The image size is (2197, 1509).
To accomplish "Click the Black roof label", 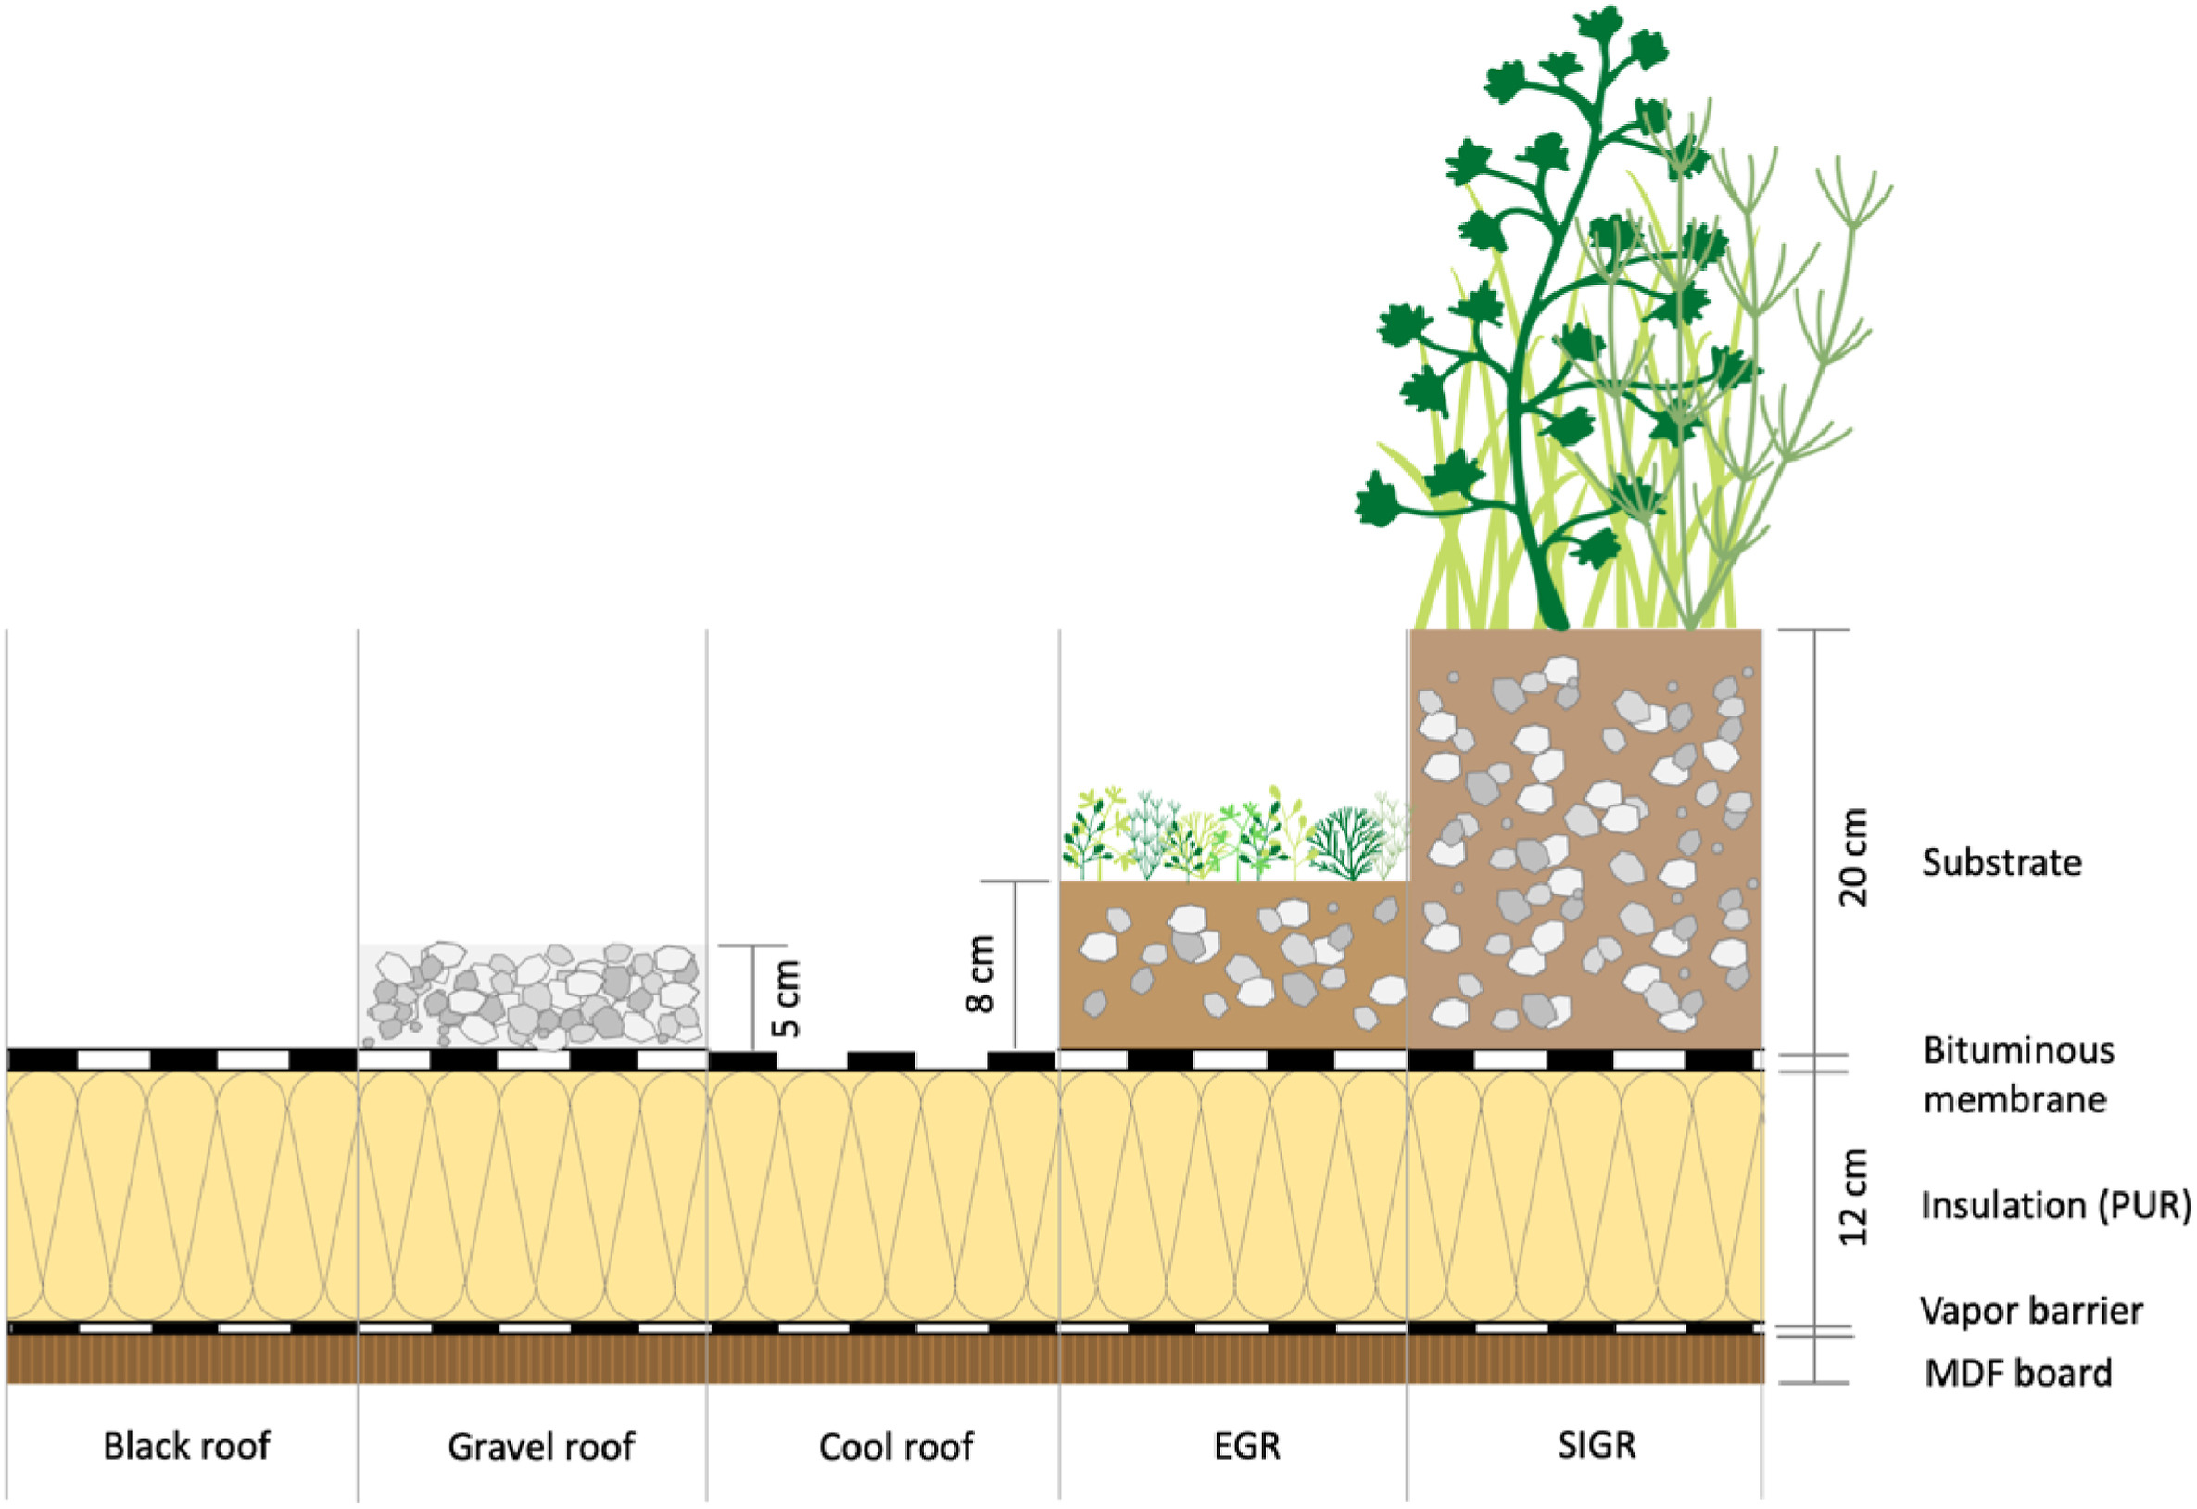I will tap(186, 1447).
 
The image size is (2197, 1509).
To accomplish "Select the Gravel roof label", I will tap(541, 1447).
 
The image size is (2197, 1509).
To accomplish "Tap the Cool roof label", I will tap(895, 1447).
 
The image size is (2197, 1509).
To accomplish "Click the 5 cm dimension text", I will tap(787, 998).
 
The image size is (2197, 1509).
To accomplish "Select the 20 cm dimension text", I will tap(1855, 857).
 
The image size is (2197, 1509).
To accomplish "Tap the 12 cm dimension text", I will tap(1855, 1197).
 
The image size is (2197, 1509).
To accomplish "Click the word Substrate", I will tap(2001, 862).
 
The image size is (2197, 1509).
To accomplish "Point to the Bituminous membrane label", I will tap(2018, 1075).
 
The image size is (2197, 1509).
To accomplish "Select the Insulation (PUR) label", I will tap(2055, 1206).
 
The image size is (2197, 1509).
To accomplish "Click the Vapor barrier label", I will tap(2030, 1311).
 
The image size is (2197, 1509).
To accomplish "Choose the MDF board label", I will tap(2017, 1373).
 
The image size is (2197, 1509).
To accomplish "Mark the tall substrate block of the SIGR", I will tap(1585, 842).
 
